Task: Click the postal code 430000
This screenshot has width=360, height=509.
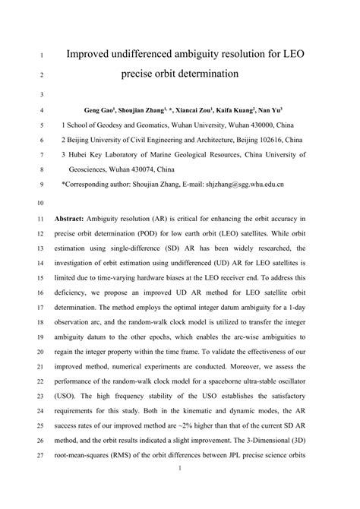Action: point(252,125)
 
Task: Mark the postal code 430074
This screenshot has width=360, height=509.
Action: point(148,169)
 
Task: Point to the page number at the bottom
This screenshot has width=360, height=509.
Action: point(179,492)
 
